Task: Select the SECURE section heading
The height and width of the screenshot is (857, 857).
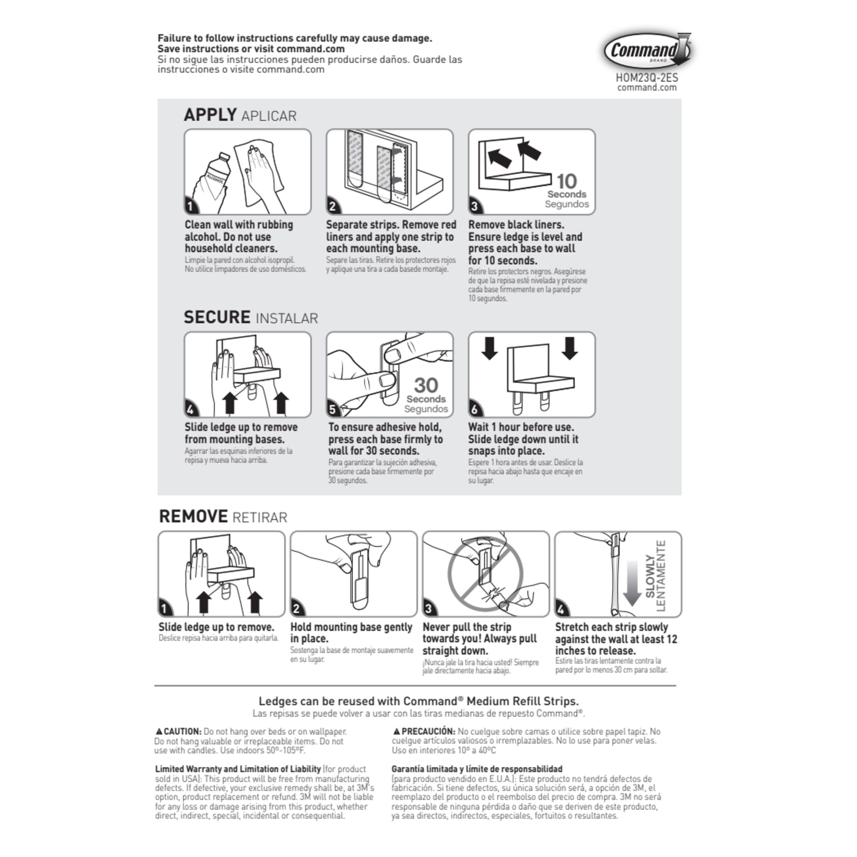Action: click(x=217, y=318)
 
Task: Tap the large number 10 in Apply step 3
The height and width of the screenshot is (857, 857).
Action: click(x=566, y=181)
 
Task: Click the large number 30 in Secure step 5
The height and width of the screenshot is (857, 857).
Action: click(x=426, y=385)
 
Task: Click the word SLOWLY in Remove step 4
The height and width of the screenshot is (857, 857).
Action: click(x=650, y=576)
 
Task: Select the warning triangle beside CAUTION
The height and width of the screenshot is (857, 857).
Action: click(x=159, y=732)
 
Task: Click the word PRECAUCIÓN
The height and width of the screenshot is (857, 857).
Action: click(x=428, y=732)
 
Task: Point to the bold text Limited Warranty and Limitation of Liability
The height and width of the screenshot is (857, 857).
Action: click(x=238, y=769)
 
